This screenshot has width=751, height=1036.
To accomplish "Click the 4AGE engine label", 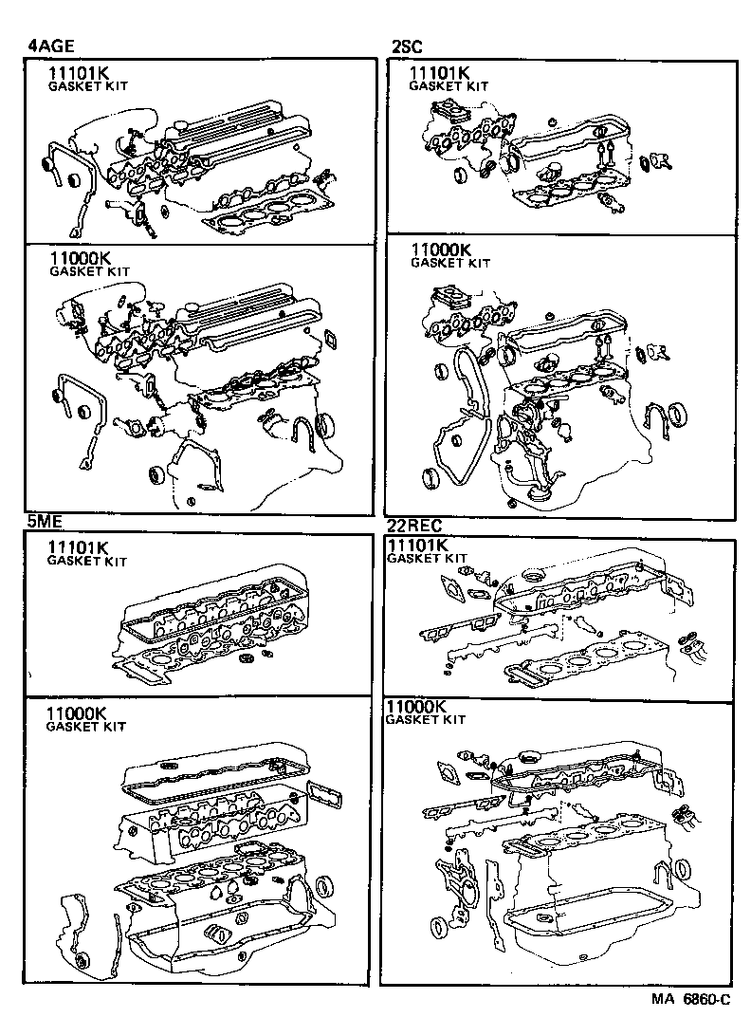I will (50, 45).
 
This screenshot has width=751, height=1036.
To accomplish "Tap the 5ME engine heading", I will (45, 521).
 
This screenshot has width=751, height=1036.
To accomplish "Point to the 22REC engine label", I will (415, 526).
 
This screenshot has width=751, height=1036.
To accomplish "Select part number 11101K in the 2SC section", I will (439, 73).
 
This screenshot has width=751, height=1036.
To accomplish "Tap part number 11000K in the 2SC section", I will (441, 250).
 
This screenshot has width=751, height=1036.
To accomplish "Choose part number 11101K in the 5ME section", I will (79, 547).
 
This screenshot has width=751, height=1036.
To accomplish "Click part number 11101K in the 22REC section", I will (417, 545).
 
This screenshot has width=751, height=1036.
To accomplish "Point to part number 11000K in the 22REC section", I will (415, 707).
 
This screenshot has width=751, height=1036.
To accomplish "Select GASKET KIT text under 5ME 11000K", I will (86, 727).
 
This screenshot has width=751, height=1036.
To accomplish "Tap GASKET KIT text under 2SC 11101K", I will (449, 86).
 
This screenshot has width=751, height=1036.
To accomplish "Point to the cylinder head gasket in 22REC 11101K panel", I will (588, 660).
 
